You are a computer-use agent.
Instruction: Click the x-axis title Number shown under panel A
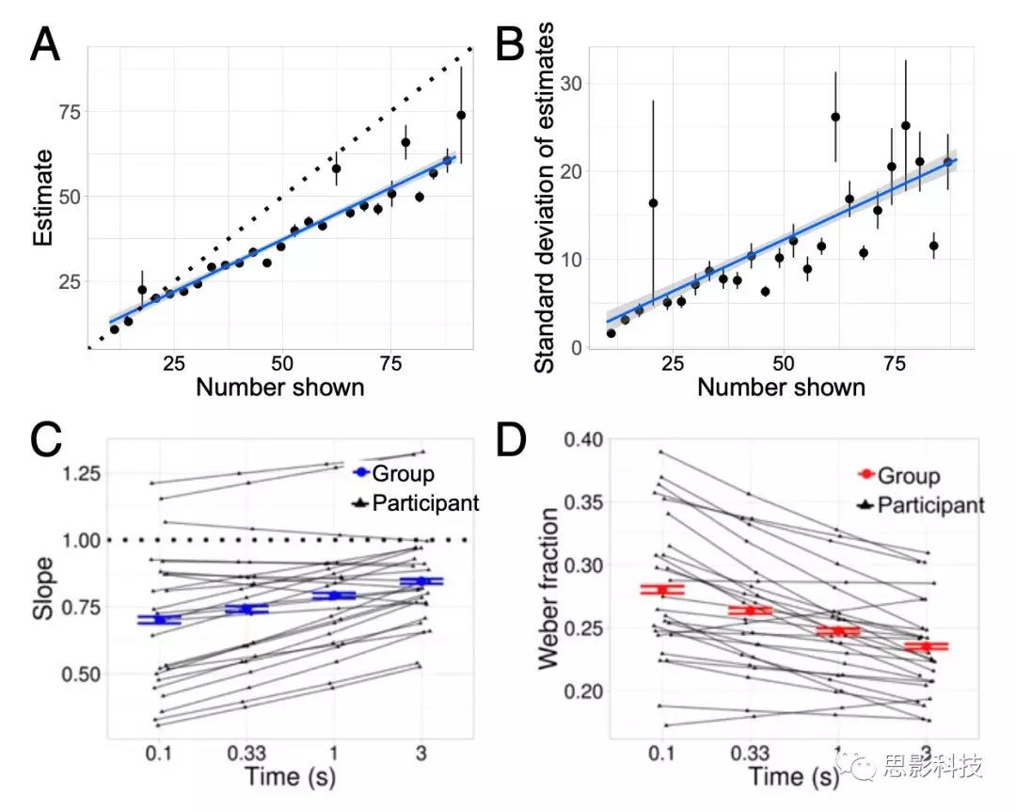(280, 387)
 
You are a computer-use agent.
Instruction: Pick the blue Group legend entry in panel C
(392, 471)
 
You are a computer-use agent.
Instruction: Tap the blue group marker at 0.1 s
(158, 620)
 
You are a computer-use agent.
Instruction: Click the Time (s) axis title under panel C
(290, 778)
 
